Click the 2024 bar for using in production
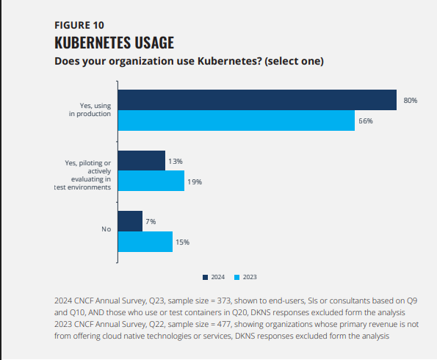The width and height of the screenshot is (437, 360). coord(257,100)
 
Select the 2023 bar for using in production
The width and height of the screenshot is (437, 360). coord(236,120)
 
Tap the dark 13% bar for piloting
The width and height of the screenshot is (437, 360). coord(142,161)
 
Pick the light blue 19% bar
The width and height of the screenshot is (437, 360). coord(151,181)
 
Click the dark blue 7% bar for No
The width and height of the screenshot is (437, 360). coord(130,221)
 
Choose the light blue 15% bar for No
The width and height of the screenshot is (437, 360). coord(145,242)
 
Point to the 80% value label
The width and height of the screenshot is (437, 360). coord(411,101)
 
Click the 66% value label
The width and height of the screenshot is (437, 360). coord(365,121)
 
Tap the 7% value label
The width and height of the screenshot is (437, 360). coord(151,222)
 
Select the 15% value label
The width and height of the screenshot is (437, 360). coord(182,242)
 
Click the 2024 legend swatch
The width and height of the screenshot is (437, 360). coord(206,278)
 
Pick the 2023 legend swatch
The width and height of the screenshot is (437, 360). coord(237,278)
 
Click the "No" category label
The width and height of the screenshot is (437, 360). coord(106,229)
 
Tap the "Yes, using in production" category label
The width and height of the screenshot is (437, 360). coord(90,109)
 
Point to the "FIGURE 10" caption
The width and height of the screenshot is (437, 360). coord(79,26)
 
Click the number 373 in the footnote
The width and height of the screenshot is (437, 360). coord(224,301)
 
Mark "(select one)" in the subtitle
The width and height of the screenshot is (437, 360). coord(295,62)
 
